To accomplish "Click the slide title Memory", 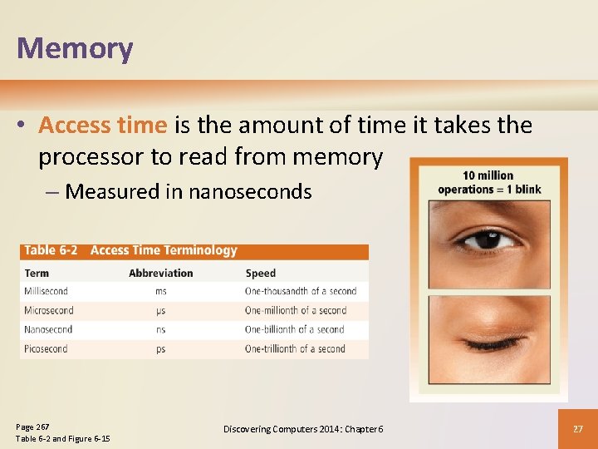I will (x=75, y=48).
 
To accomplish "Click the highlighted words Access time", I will (x=103, y=125).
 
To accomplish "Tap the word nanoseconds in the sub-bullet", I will (x=250, y=192).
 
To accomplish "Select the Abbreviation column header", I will (x=161, y=273).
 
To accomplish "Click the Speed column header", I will (x=260, y=273).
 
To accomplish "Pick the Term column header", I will (x=37, y=273).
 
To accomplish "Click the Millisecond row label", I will (x=47, y=291).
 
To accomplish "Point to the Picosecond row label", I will (x=47, y=349).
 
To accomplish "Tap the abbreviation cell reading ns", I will (x=160, y=330).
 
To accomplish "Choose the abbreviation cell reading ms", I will (x=160, y=291).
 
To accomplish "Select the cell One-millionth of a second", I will (x=296, y=310).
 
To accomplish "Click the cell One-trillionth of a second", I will (x=295, y=349).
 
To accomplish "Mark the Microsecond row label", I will (x=49, y=310).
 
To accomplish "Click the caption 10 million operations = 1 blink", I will (x=489, y=182).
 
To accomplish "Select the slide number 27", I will (x=577, y=428).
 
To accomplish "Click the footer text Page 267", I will (x=32, y=427).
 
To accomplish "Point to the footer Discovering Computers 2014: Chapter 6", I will (x=303, y=428).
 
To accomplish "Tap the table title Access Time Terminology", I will (x=164, y=250).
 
